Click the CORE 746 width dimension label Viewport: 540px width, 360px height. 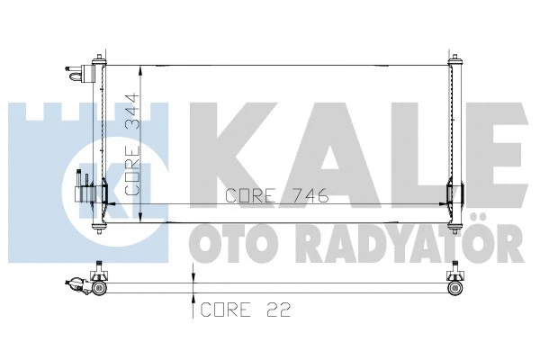[277, 194]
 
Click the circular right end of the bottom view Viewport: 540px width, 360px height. [463, 288]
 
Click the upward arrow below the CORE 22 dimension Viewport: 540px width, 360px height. [192, 301]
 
